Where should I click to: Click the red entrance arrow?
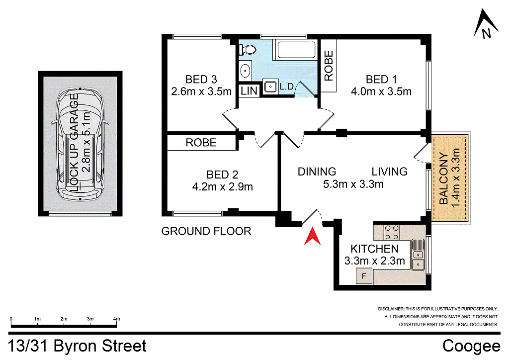312,237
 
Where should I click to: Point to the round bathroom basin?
246,71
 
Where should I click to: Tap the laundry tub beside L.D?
270,87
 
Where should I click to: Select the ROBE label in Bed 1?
329,66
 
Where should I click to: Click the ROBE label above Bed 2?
201,143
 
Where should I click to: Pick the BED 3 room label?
201,79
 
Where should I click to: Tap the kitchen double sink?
418,255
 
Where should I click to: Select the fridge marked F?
363,275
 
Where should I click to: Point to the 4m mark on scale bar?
117,319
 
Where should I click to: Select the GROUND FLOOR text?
206,231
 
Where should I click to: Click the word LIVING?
389,172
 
